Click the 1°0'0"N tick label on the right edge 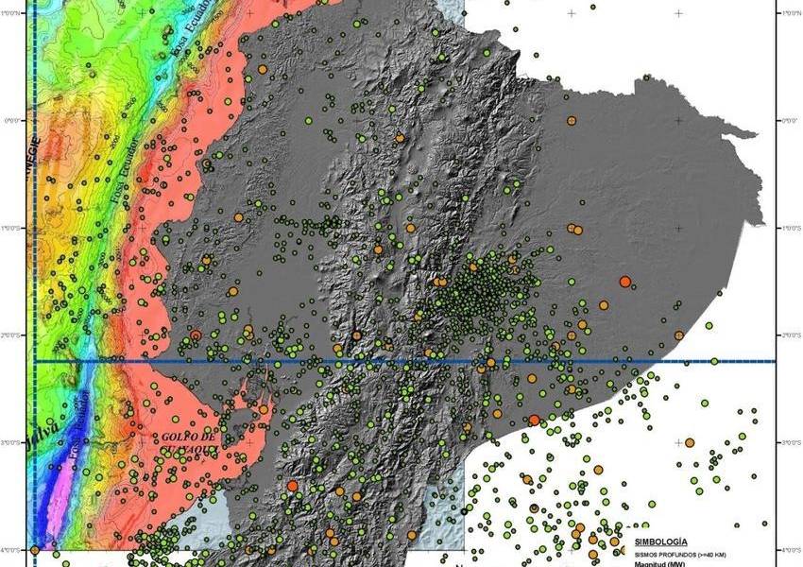[786, 11]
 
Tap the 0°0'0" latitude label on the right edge [786, 120]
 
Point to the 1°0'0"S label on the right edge [786, 228]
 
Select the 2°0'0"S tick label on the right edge [786, 335]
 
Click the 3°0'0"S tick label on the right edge [786, 442]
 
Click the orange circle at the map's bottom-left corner [35, 549]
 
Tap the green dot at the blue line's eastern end [714, 361]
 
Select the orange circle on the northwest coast [262, 69]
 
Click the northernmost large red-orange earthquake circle [624, 282]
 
